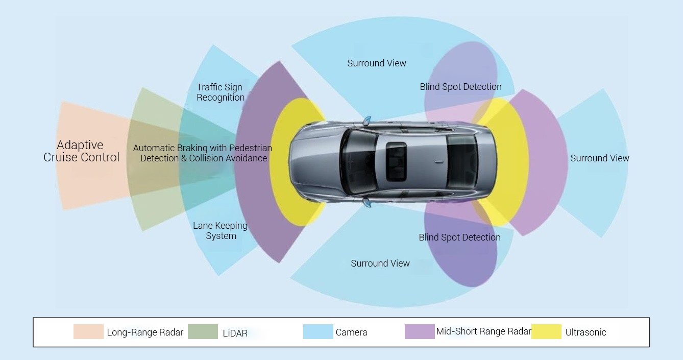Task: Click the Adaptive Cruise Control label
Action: (x=81, y=151)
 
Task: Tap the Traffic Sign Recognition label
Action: (x=221, y=92)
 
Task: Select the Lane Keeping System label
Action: (x=221, y=231)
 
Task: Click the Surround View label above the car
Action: (x=377, y=63)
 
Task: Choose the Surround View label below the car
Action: (x=380, y=263)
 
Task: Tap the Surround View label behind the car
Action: (x=600, y=158)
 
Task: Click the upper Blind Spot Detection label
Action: (x=460, y=87)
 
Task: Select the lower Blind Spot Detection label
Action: (x=459, y=237)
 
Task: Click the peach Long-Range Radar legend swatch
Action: (x=88, y=332)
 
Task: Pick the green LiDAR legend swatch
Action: (x=203, y=332)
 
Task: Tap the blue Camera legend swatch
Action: (x=318, y=332)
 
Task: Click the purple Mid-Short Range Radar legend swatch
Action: (x=420, y=332)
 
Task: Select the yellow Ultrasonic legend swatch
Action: (x=546, y=332)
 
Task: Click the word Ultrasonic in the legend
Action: (x=586, y=332)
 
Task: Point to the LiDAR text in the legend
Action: (x=235, y=333)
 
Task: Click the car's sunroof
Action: (x=396, y=161)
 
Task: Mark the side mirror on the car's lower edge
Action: (x=367, y=202)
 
